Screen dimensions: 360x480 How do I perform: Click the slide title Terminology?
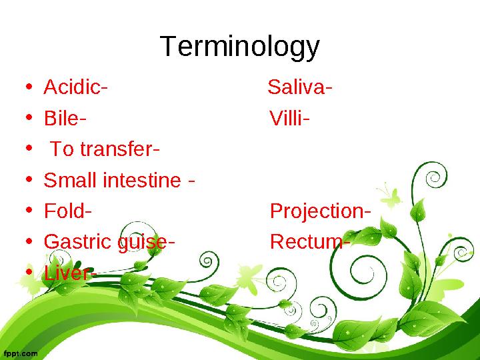coord(240,47)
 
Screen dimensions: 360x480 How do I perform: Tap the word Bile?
coord(61,119)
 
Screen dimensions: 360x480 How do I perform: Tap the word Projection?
coord(316,211)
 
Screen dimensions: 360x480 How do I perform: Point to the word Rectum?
coord(305,242)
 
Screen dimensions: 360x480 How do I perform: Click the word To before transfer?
coord(62,149)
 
